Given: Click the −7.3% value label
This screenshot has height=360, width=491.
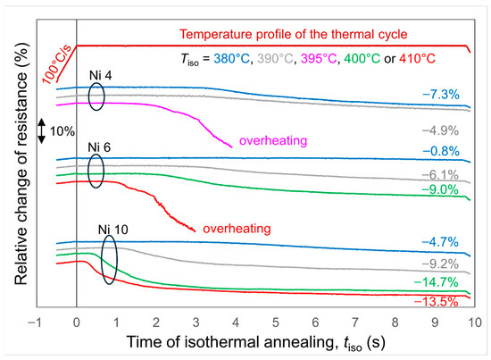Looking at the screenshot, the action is (441, 95).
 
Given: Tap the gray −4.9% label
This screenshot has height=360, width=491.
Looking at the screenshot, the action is (440, 130).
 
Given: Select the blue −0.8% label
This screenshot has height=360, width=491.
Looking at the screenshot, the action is (441, 151).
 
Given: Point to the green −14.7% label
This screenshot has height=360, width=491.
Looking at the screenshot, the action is (436, 282).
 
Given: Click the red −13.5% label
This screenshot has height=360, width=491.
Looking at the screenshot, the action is (436, 301).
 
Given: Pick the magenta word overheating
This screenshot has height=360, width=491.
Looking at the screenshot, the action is (273, 140).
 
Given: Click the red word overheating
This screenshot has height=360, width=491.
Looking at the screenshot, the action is (237, 229).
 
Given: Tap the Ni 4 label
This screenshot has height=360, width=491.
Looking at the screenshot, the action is (100, 76).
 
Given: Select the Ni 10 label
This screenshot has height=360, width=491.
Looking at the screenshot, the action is (113, 230).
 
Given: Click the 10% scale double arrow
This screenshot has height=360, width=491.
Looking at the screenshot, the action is (42, 131).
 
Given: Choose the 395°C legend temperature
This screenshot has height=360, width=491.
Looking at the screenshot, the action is (319, 59).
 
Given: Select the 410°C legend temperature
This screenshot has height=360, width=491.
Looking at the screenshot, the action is (417, 59).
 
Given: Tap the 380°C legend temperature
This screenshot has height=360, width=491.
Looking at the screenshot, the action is (232, 59).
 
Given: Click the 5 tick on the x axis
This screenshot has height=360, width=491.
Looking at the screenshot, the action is (276, 322).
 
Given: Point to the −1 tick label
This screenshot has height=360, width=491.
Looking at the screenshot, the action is (35, 322).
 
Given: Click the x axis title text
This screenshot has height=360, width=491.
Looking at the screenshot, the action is (256, 342).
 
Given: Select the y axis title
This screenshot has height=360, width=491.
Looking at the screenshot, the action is (21, 163).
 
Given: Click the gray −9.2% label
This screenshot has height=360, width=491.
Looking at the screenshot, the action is (440, 264).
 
